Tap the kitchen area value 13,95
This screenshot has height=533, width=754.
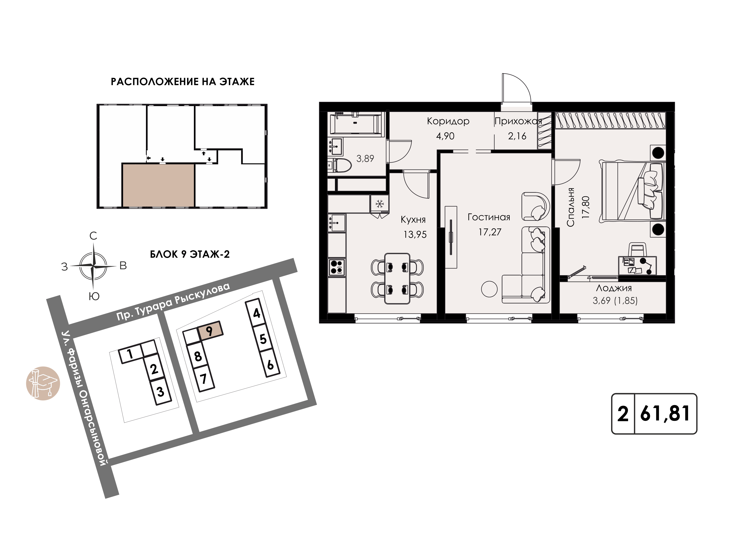(415, 234)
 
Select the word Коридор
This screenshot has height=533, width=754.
(448, 121)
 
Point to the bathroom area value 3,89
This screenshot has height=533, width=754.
(365, 159)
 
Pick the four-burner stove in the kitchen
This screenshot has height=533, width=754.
(337, 267)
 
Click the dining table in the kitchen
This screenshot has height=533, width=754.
(397, 278)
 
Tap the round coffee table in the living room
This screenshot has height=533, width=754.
(489, 289)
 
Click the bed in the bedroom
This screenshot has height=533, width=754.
(632, 191)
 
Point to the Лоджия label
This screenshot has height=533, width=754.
(614, 288)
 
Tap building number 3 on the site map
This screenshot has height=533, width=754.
(160, 392)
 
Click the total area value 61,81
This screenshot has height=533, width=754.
(665, 414)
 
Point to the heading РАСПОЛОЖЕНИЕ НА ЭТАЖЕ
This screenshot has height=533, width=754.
(183, 81)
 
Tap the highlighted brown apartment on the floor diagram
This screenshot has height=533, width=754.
(158, 185)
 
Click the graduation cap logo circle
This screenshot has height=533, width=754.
(43, 383)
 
